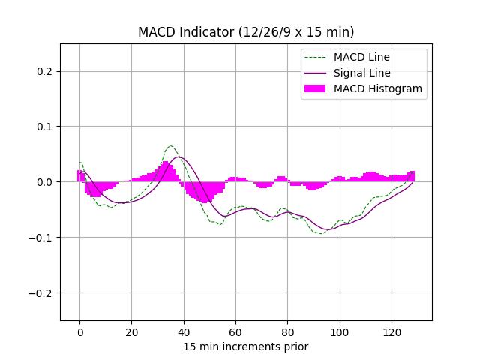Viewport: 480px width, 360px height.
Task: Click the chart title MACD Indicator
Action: click(x=246, y=32)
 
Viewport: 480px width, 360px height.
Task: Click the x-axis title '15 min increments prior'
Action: click(x=246, y=346)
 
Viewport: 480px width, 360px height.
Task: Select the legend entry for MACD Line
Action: click(x=361, y=57)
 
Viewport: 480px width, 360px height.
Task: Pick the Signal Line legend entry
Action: click(x=361, y=73)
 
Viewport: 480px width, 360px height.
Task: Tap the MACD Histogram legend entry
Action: click(x=377, y=88)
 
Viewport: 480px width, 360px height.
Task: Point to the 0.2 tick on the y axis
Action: click(x=45, y=71)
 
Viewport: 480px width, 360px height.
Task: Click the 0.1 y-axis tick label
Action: click(x=45, y=127)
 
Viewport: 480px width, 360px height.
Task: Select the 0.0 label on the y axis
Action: click(x=45, y=182)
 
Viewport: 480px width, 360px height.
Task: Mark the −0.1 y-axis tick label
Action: click(x=42, y=238)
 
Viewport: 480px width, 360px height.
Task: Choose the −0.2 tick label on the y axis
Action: click(x=42, y=293)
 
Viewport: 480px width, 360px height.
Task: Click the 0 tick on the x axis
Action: click(x=79, y=331)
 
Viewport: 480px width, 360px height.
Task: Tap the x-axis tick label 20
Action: click(x=132, y=331)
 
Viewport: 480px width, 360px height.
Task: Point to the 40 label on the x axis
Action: click(x=184, y=331)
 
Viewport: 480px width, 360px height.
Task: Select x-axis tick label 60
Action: click(x=235, y=331)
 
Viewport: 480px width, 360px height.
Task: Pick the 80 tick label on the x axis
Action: click(x=288, y=331)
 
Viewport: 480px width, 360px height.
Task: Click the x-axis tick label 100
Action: click(x=340, y=331)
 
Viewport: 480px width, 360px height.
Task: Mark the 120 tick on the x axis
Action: click(x=391, y=331)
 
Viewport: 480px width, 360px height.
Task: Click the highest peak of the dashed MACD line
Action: click(x=171, y=146)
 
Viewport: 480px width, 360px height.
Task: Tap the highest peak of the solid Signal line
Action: click(x=178, y=157)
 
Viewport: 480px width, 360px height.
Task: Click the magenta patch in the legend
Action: click(x=315, y=88)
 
